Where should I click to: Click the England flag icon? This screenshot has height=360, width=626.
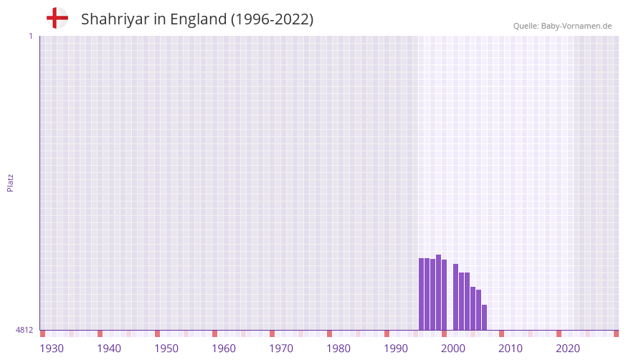tap(57, 18)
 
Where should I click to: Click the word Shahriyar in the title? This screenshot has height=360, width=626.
tap(115, 19)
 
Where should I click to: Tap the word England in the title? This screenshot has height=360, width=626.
tap(198, 19)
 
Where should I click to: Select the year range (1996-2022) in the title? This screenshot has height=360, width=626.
tap(272, 19)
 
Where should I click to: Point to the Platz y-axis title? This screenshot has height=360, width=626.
tap(10, 182)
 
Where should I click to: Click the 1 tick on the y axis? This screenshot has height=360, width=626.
tap(30, 36)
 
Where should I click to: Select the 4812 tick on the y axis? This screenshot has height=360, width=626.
tap(24, 330)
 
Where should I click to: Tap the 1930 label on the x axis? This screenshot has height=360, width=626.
tap(52, 349)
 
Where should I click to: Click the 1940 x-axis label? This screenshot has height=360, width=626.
tap(109, 349)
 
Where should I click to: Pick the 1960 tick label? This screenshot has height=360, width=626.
tap(224, 349)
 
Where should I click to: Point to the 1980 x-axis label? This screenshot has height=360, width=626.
tap(338, 349)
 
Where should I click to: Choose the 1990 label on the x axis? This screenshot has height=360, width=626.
tap(396, 349)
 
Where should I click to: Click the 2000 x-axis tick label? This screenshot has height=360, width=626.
tap(453, 349)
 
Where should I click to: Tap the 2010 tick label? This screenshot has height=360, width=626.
tap(511, 349)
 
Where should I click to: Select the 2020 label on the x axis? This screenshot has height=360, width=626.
tap(568, 349)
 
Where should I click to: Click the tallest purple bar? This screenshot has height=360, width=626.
tap(439, 293)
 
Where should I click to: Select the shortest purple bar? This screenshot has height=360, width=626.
tap(485, 318)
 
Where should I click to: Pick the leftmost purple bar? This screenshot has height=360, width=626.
tap(422, 294)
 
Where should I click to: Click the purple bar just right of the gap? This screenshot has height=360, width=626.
tap(456, 297)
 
